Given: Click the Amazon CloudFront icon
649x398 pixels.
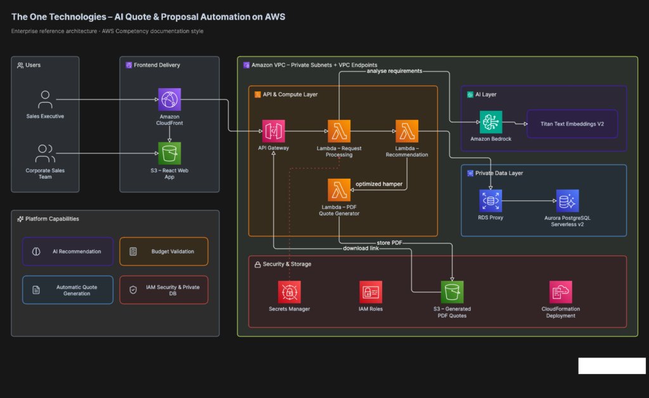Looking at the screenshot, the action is [169, 99].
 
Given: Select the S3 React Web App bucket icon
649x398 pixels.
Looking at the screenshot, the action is [169, 153].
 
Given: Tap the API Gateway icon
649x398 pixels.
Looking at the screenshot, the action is [273, 131].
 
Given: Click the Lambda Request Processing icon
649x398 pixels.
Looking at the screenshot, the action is [339, 131].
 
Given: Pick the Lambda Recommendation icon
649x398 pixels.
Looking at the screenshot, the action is [407, 131].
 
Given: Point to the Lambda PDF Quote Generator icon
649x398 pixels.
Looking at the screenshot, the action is [339, 190].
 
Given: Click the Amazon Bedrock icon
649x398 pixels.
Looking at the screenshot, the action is [491, 122].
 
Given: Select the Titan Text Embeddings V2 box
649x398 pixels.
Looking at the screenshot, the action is [572, 124].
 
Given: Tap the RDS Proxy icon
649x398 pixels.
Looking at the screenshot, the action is [491, 201].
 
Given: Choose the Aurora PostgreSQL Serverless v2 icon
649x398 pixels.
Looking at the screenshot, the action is [567, 201].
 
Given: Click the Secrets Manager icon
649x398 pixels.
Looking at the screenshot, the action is [289, 292].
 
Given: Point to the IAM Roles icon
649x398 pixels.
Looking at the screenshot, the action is [370, 292].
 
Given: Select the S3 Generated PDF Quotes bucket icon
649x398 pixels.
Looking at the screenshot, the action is [452, 292].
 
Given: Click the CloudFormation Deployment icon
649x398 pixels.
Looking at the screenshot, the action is [560, 292].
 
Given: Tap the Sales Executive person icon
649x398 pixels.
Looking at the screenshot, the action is [45, 99].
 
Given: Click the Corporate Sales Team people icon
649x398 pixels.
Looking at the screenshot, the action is [45, 153].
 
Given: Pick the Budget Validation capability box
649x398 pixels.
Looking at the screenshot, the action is [164, 251].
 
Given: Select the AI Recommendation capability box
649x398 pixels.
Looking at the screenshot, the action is [68, 251].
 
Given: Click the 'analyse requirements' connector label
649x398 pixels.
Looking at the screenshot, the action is [394, 71].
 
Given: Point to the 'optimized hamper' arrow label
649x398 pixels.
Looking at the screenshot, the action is [379, 184].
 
